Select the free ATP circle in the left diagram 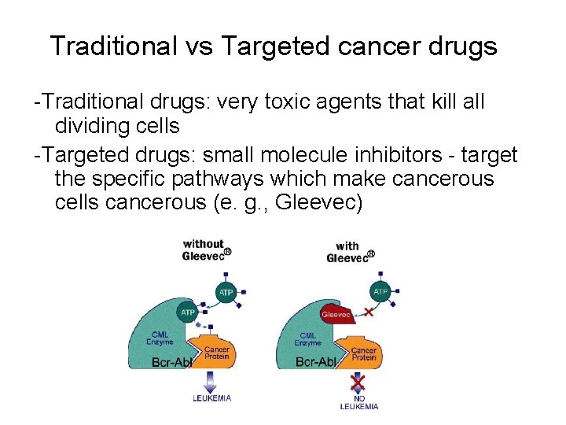tap(226, 291)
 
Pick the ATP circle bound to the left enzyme tap(188, 312)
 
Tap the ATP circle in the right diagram tap(380, 291)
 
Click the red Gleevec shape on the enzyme tap(336, 314)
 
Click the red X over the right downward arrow tap(358, 383)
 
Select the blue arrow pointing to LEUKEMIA tap(210, 381)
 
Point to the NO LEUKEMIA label tap(358, 402)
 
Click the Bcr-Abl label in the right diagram tap(316, 363)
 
